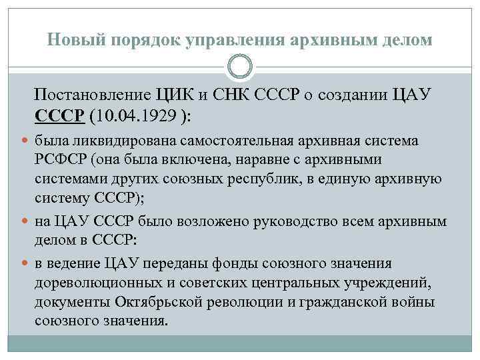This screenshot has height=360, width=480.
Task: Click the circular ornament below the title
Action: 240,67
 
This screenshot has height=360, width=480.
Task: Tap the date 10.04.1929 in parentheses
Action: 139,114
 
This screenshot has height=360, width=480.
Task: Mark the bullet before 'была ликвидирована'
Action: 25,141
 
